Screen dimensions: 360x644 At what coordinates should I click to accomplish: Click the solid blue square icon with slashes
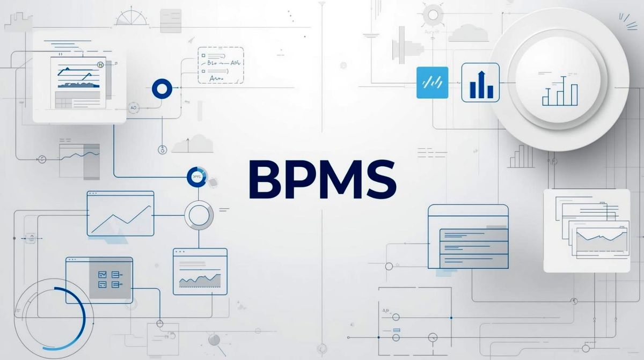(432, 83)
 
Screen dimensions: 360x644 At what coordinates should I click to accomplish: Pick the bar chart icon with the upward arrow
(480, 82)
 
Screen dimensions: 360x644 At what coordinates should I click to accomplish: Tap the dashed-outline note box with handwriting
(221, 65)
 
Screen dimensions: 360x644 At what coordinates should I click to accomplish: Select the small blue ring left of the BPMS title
(196, 176)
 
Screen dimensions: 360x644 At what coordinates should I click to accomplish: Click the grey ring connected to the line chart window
(199, 215)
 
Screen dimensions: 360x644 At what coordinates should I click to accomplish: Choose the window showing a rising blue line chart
(120, 214)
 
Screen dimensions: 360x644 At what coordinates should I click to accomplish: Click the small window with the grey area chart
(200, 271)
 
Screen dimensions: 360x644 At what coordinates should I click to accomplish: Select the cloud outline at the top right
(468, 33)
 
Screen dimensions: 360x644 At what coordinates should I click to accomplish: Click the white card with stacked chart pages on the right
(586, 231)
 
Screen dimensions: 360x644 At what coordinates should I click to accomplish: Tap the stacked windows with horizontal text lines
(469, 237)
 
